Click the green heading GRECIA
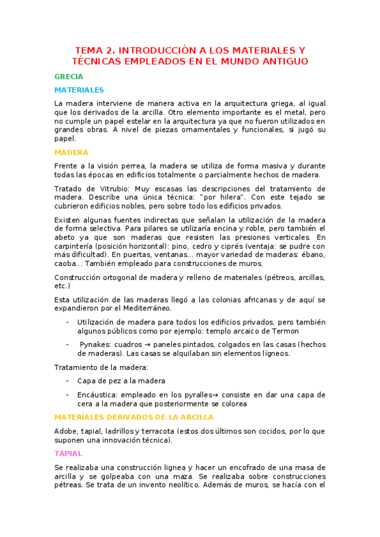click(69, 77)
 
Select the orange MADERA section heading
click(71, 153)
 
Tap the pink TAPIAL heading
click(69, 453)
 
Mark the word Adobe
click(67, 431)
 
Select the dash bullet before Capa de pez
click(68, 381)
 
